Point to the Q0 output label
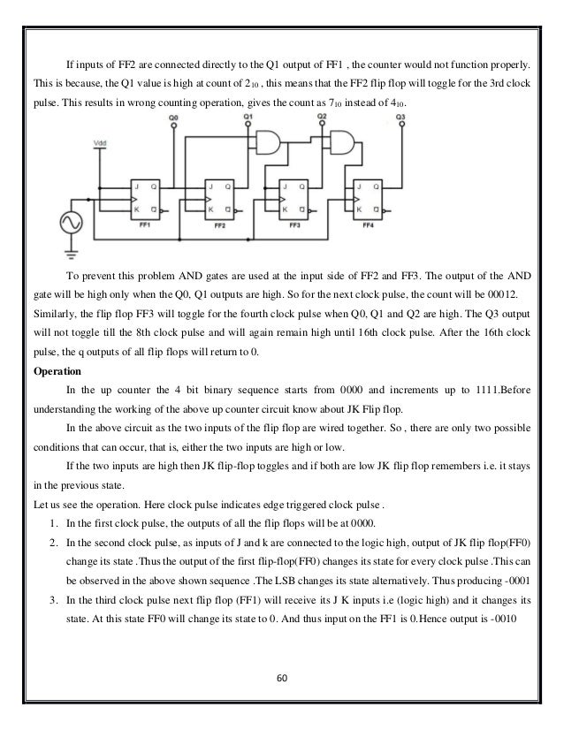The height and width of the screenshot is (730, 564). [173, 117]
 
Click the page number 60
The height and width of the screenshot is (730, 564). [282, 678]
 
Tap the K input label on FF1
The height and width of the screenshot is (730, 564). [134, 208]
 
